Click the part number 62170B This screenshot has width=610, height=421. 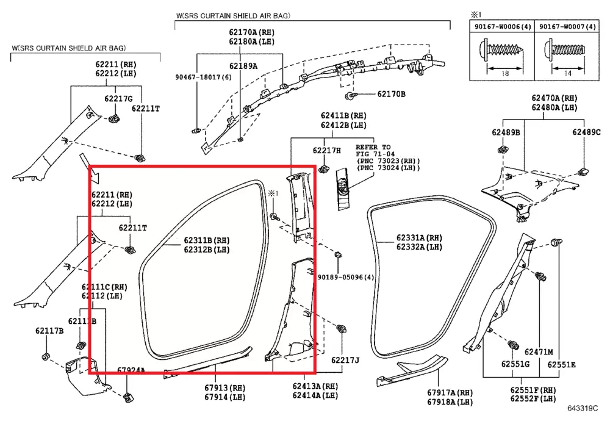(x=391, y=94)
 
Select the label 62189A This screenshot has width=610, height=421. (x=243, y=66)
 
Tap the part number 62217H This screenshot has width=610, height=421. (x=327, y=151)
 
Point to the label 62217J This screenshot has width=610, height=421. (x=345, y=361)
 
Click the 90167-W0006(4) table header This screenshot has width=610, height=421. (x=503, y=27)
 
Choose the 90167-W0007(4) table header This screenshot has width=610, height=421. (x=567, y=27)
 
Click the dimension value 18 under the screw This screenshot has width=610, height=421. (x=504, y=73)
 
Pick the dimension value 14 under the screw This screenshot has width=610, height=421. (x=567, y=73)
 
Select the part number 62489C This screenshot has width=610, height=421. (x=586, y=132)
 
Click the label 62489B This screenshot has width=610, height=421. (x=506, y=132)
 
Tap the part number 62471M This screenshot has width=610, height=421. (x=539, y=352)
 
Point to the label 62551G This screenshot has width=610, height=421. (x=515, y=364)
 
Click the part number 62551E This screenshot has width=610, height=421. (x=561, y=365)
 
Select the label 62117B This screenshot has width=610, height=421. (x=49, y=331)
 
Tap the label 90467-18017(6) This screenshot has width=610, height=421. (x=203, y=77)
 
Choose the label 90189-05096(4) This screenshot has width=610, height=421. (x=346, y=277)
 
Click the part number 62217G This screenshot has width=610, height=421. (x=118, y=99)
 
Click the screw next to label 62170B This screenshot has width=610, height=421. (x=350, y=95)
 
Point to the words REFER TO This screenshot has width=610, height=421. (x=373, y=147)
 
